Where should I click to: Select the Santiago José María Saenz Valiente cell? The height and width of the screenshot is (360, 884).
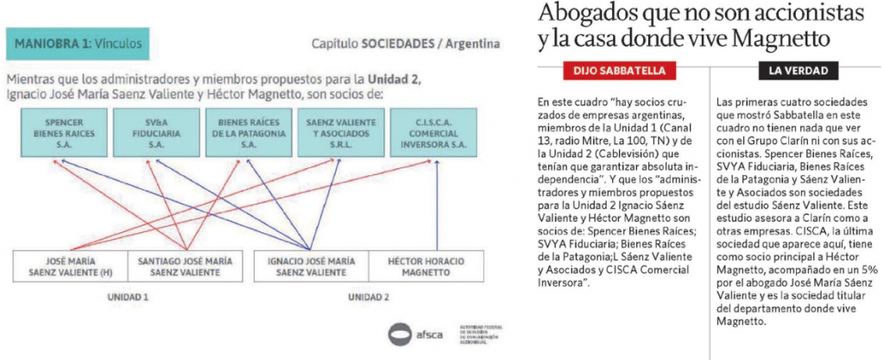(185, 267)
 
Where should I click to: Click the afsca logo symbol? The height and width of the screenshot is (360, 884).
(399, 333)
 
